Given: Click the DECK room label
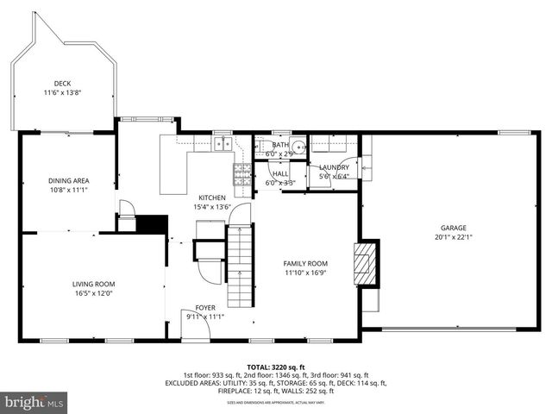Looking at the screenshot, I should tap(62, 84).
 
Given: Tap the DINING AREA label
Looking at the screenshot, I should tap(69, 180).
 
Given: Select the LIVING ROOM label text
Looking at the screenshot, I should tap(93, 284).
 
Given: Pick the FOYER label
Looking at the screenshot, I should tap(205, 306).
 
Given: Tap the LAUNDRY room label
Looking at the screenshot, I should tap(334, 167).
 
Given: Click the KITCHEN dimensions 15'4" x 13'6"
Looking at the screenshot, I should tap(212, 207).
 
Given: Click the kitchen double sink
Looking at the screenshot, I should tap(223, 145).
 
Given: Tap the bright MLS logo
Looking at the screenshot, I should tap(34, 402).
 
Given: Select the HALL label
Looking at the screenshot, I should tap(280, 173).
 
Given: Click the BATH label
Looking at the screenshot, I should tap(279, 145).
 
